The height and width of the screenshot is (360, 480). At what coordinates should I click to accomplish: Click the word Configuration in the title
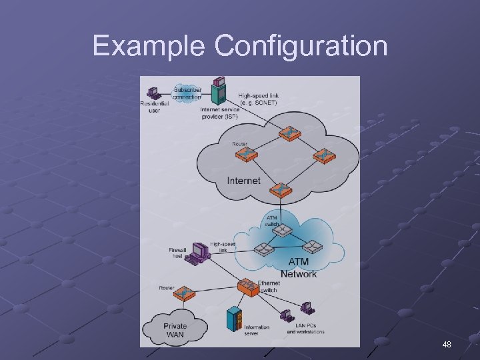301,46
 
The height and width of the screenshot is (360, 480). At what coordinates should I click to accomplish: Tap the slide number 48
447,345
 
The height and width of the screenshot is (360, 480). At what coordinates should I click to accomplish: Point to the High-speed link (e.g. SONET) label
259,99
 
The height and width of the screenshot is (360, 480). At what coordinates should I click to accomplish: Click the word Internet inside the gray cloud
243,181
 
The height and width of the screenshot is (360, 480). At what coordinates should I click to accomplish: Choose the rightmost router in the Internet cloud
325,157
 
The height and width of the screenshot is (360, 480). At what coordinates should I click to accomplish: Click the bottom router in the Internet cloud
281,189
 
